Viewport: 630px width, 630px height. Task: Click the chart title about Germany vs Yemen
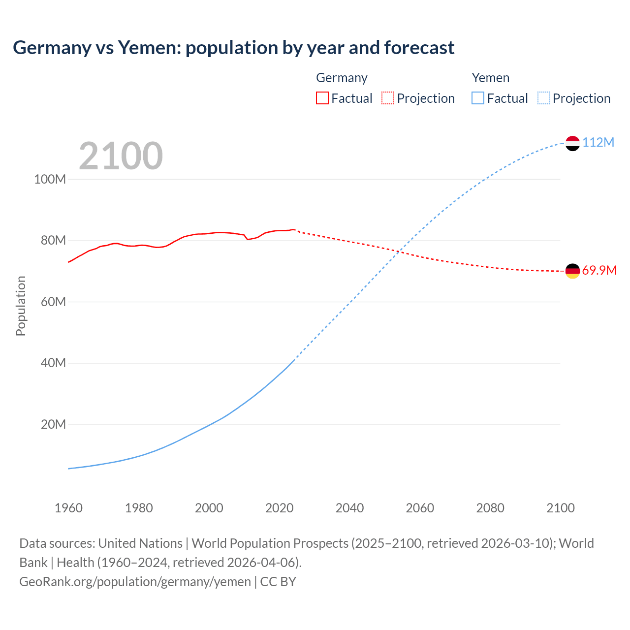tap(233, 48)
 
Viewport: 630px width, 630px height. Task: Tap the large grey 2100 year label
tap(121, 156)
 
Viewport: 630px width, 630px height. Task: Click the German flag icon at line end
tap(572, 271)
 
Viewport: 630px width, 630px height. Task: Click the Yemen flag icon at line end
tap(572, 143)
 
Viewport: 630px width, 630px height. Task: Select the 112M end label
tap(598, 142)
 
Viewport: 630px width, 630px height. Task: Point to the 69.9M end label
tap(599, 270)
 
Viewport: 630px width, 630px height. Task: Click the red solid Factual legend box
tap(322, 98)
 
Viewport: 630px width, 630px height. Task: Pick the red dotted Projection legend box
tap(388, 98)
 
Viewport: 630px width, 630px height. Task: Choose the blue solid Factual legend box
tap(477, 98)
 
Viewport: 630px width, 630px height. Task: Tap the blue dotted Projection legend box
tap(543, 98)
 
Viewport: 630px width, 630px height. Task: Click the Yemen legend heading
tap(490, 78)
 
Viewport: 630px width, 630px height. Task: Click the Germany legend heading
tap(342, 78)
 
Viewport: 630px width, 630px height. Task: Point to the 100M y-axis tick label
tap(50, 179)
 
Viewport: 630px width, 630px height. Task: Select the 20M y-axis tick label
tap(53, 424)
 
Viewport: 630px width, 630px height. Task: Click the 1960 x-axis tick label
tap(68, 508)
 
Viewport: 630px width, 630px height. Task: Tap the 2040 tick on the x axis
tap(349, 508)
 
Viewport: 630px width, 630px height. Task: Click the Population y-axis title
tap(21, 306)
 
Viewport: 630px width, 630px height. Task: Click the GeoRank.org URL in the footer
tap(135, 582)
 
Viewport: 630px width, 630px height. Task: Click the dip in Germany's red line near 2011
tap(248, 239)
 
